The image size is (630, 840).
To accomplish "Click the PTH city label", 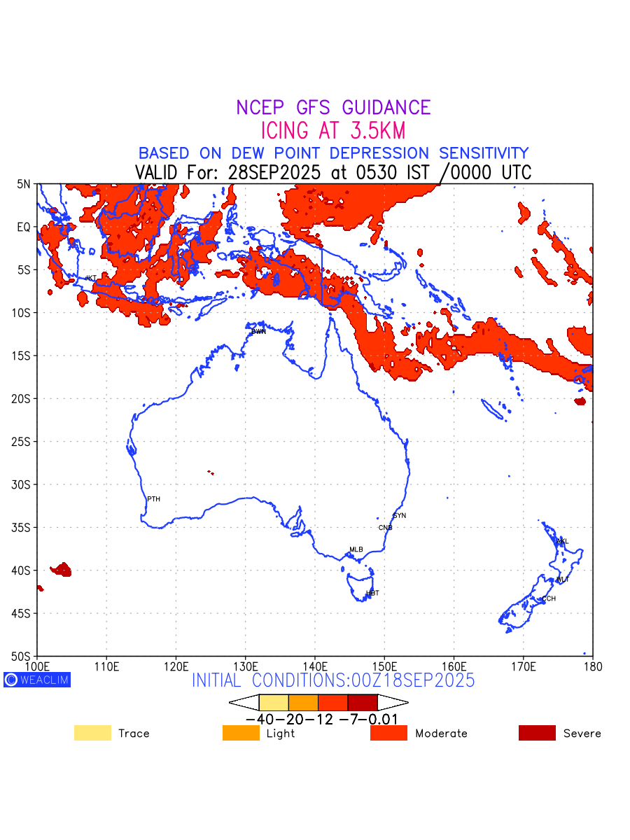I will pos(154,499).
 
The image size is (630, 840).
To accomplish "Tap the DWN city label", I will pos(259,331).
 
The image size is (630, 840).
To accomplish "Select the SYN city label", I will pos(400,516).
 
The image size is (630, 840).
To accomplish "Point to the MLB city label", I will pos(356,549).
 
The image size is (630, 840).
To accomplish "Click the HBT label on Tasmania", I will pos(373,593).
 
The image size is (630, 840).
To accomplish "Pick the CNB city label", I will pos(386,528).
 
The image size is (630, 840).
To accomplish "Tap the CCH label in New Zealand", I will pos(549,598).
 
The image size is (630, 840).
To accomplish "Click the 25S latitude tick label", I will pos(24,442).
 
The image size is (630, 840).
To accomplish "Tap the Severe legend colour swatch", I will pos(537,733).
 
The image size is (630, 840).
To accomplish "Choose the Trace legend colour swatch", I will pos(92,733).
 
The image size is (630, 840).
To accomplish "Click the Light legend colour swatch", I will pos(241,733).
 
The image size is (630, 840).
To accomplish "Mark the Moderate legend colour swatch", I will pos(388,733).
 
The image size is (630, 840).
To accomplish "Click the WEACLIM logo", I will pos(37,680).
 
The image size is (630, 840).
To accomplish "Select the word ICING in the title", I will pos(283,131).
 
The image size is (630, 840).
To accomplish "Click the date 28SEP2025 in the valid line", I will pos(279,172).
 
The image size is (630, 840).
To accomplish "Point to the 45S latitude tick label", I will pos(24,613).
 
